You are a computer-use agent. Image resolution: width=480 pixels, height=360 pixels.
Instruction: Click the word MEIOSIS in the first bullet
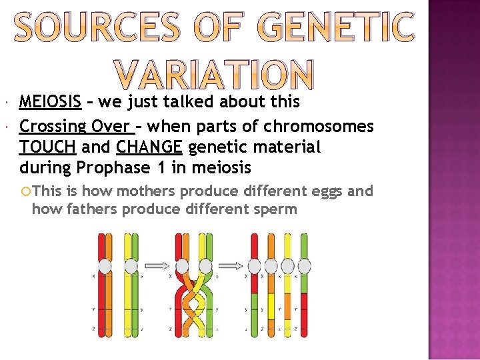51,102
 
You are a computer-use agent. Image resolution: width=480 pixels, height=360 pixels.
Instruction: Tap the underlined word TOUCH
47,147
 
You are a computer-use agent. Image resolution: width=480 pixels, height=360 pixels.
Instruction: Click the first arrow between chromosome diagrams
158,265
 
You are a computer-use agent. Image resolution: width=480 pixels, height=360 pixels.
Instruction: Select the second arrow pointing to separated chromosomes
229,265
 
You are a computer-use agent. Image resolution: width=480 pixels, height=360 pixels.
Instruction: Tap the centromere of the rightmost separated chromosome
304,266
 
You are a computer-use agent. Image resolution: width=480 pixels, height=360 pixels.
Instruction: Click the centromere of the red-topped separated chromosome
254,266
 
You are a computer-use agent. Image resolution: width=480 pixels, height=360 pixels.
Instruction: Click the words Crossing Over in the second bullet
75,127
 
